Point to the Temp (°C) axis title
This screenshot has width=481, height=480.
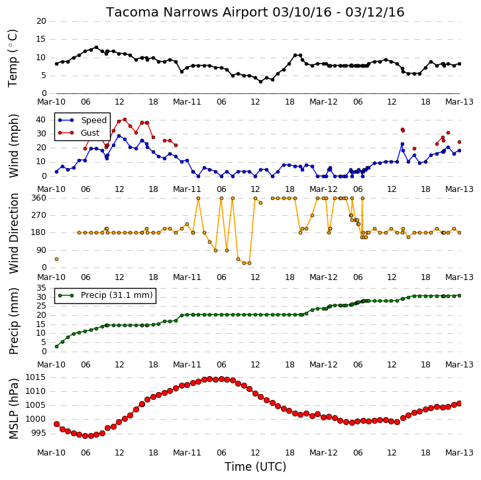pyautogui.click(x=13, y=58)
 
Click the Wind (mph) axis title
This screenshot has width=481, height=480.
pyautogui.click(x=13, y=146)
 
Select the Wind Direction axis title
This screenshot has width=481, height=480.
pyautogui.click(x=13, y=233)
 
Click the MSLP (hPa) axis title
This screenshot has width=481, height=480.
pyautogui.click(x=13, y=409)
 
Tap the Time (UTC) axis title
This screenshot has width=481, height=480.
pyautogui.click(x=255, y=467)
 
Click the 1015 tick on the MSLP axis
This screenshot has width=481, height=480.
pyautogui.click(x=35, y=377)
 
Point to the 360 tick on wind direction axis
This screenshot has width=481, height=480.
pyautogui.click(x=39, y=198)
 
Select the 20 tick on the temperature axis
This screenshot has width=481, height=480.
pyautogui.click(x=41, y=21)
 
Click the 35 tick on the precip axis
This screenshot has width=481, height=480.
pyautogui.click(x=41, y=288)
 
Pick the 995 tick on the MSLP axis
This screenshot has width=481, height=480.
pyautogui.click(x=38, y=433)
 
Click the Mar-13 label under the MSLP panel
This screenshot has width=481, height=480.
pyautogui.click(x=459, y=452)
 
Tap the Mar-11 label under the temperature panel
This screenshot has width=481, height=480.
pyautogui.click(x=187, y=102)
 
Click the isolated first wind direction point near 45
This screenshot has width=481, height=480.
pyautogui.click(x=57, y=260)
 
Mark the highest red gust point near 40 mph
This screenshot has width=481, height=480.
pyautogui.click(x=125, y=120)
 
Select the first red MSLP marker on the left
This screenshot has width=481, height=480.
pyautogui.click(x=57, y=424)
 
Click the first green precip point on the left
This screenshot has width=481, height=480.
pyautogui.click(x=57, y=347)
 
